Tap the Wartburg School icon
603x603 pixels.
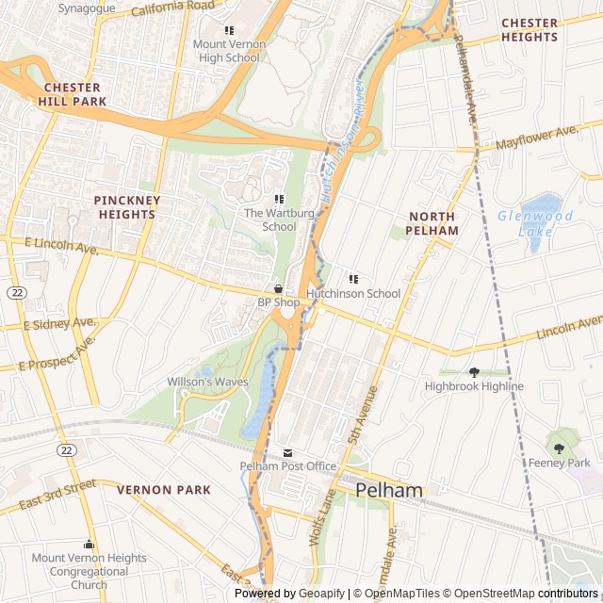pos(279,199)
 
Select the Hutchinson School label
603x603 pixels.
pos(353,294)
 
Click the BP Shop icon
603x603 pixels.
pos(279,288)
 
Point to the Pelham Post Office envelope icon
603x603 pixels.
pos(288,453)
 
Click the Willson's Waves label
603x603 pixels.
pos(207,382)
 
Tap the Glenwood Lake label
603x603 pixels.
pos(535,223)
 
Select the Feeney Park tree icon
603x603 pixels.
pos(560,448)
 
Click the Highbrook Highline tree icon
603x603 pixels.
pos(474,372)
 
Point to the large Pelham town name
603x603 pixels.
pos(389,490)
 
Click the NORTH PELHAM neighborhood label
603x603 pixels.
pos(432,223)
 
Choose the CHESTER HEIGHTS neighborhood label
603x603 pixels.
pos(530,30)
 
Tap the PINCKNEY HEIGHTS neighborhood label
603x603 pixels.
pos(127,207)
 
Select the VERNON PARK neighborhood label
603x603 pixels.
pos(164,490)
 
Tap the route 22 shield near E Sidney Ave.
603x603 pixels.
pos(17,294)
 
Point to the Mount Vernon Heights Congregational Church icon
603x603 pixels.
pos(90,545)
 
